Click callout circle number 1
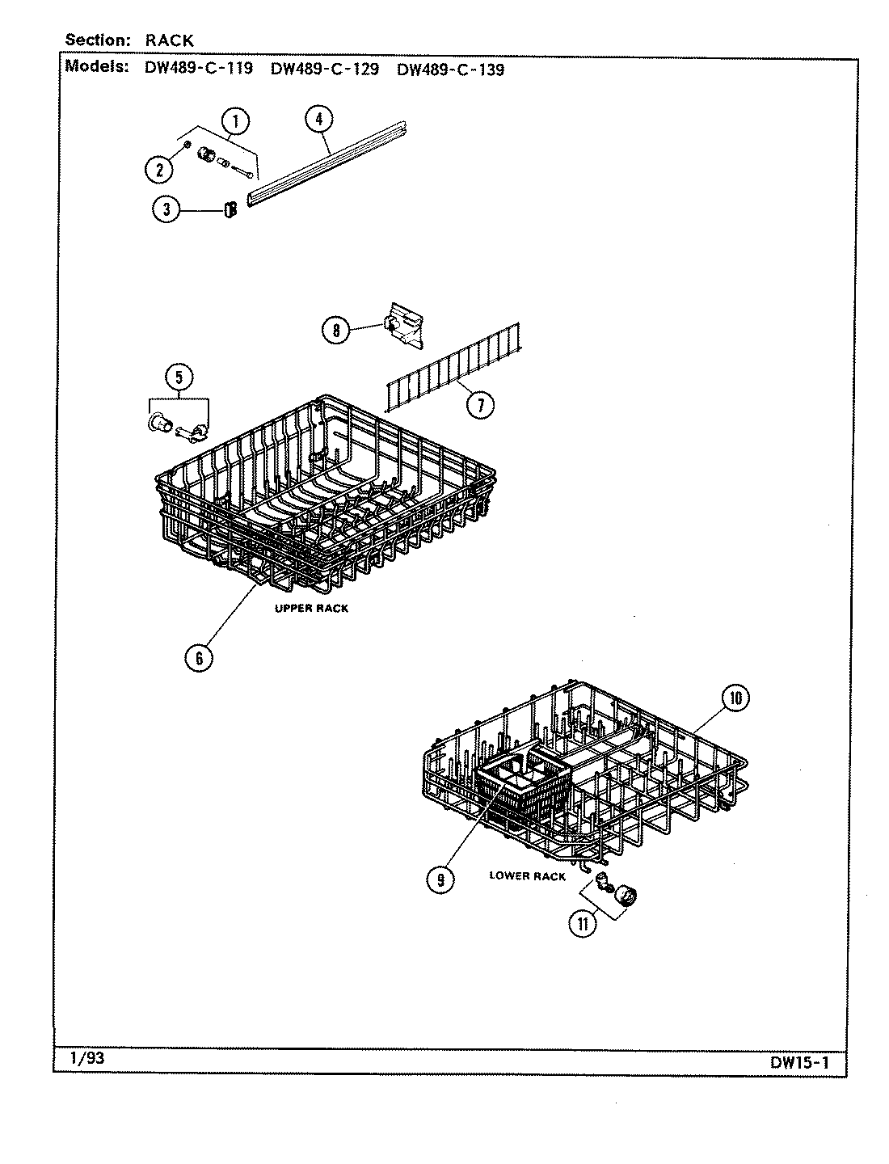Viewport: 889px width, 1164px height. pyautogui.click(x=235, y=122)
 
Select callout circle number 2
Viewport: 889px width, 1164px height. pyautogui.click(x=159, y=169)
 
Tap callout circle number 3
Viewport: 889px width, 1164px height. pyautogui.click(x=166, y=209)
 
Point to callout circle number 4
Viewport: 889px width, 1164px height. pyautogui.click(x=319, y=119)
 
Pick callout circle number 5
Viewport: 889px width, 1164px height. pyautogui.click(x=179, y=376)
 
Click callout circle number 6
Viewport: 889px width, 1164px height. pyautogui.click(x=199, y=657)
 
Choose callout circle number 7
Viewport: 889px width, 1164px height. pyautogui.click(x=480, y=403)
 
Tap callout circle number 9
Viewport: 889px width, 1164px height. pyautogui.click(x=440, y=879)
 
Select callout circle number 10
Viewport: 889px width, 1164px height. pyautogui.click(x=735, y=698)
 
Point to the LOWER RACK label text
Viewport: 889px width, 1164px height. pyautogui.click(x=527, y=876)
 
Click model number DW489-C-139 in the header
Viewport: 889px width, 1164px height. pyautogui.click(x=450, y=69)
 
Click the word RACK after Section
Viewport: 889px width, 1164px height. pyautogui.click(x=170, y=40)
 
